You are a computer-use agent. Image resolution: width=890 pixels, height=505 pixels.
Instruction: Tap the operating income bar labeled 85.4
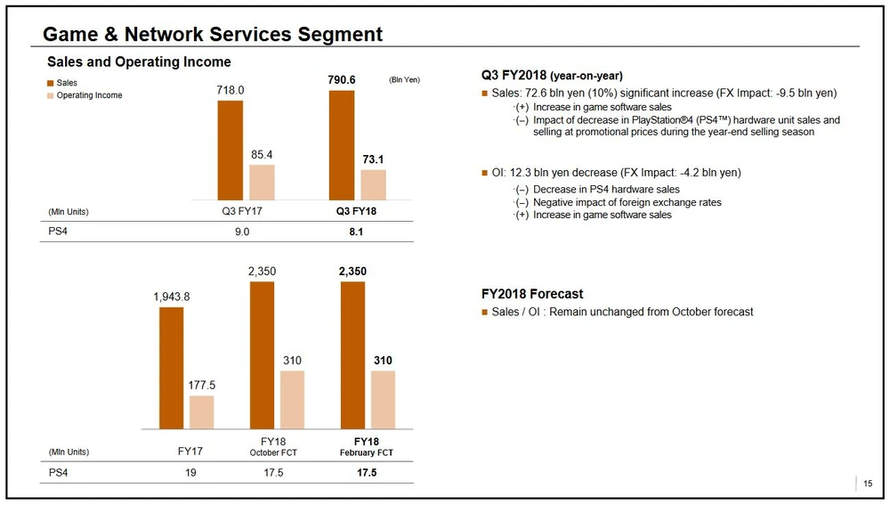[262, 182]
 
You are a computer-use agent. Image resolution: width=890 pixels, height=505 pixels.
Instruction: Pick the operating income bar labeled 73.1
[373, 184]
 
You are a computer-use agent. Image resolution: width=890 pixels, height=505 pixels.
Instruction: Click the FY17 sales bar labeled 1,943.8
[172, 368]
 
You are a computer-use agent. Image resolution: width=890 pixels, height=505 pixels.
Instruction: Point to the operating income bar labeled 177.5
[202, 412]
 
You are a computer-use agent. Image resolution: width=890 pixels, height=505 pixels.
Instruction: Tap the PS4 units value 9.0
[242, 232]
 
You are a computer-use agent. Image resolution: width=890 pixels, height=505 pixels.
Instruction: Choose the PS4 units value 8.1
[356, 232]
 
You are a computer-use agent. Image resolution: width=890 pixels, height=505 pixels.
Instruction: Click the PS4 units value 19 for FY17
[190, 472]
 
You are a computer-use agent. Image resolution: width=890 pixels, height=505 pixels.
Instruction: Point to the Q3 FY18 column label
[356, 212]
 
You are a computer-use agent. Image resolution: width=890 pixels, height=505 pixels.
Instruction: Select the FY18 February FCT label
[366, 447]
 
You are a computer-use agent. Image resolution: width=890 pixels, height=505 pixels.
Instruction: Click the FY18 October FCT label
[273, 447]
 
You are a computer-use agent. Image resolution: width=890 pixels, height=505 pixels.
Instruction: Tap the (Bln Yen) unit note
[404, 80]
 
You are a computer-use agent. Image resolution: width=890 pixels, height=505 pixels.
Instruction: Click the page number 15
[868, 484]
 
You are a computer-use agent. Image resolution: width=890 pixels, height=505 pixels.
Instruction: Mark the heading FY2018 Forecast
[532, 294]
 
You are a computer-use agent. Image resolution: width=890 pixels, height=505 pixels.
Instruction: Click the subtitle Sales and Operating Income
[139, 62]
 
